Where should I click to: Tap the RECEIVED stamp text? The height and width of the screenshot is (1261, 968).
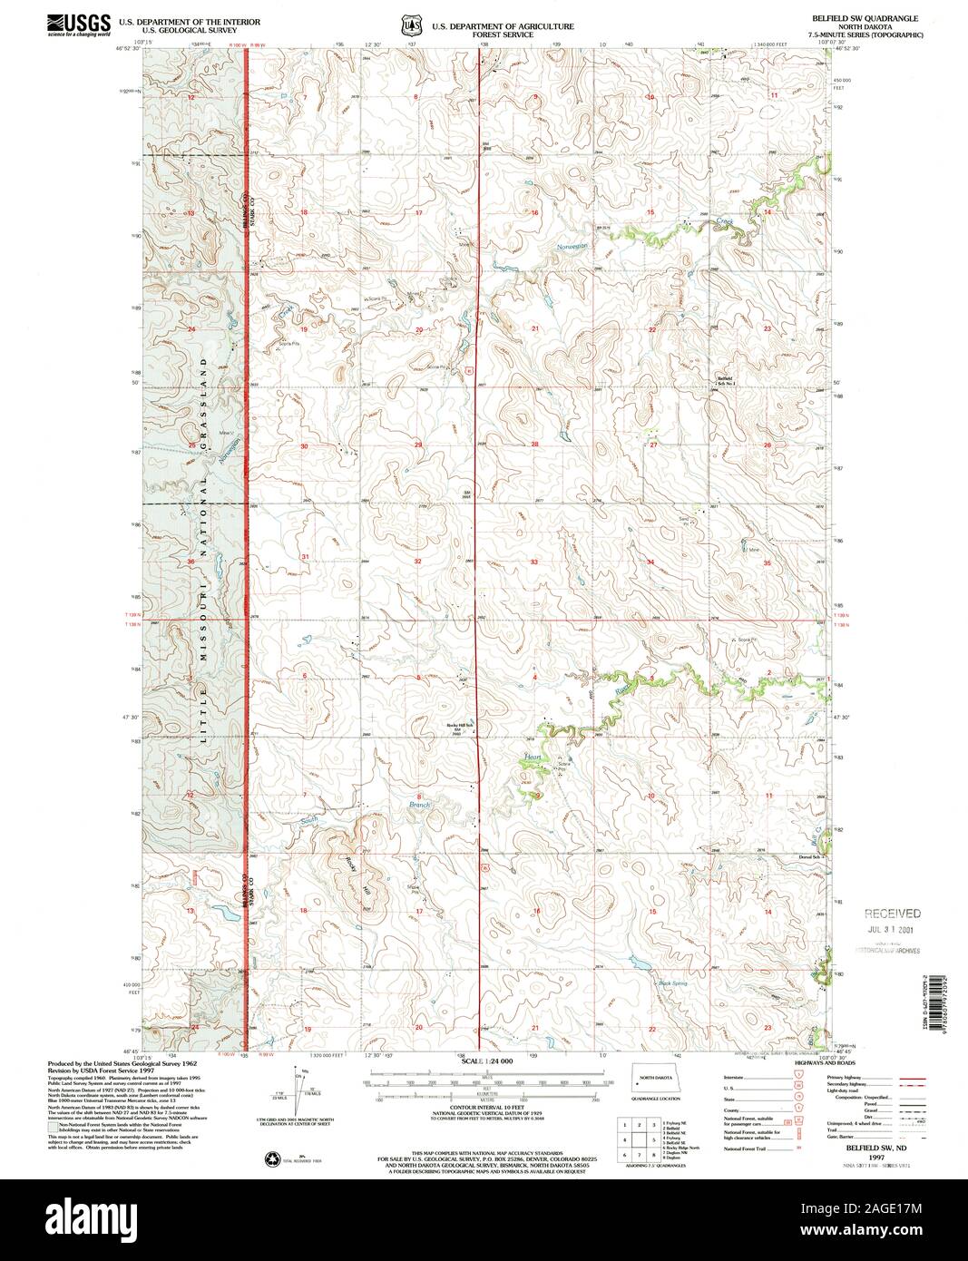click(x=892, y=914)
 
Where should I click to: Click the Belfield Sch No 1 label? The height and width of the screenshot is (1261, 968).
click(x=726, y=381)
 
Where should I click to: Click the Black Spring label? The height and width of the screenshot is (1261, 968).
click(x=670, y=982)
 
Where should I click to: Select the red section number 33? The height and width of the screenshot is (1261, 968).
click(x=534, y=562)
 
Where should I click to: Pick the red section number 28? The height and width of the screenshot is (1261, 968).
click(x=534, y=444)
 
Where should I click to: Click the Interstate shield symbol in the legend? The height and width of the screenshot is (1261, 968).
click(x=798, y=1077)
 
